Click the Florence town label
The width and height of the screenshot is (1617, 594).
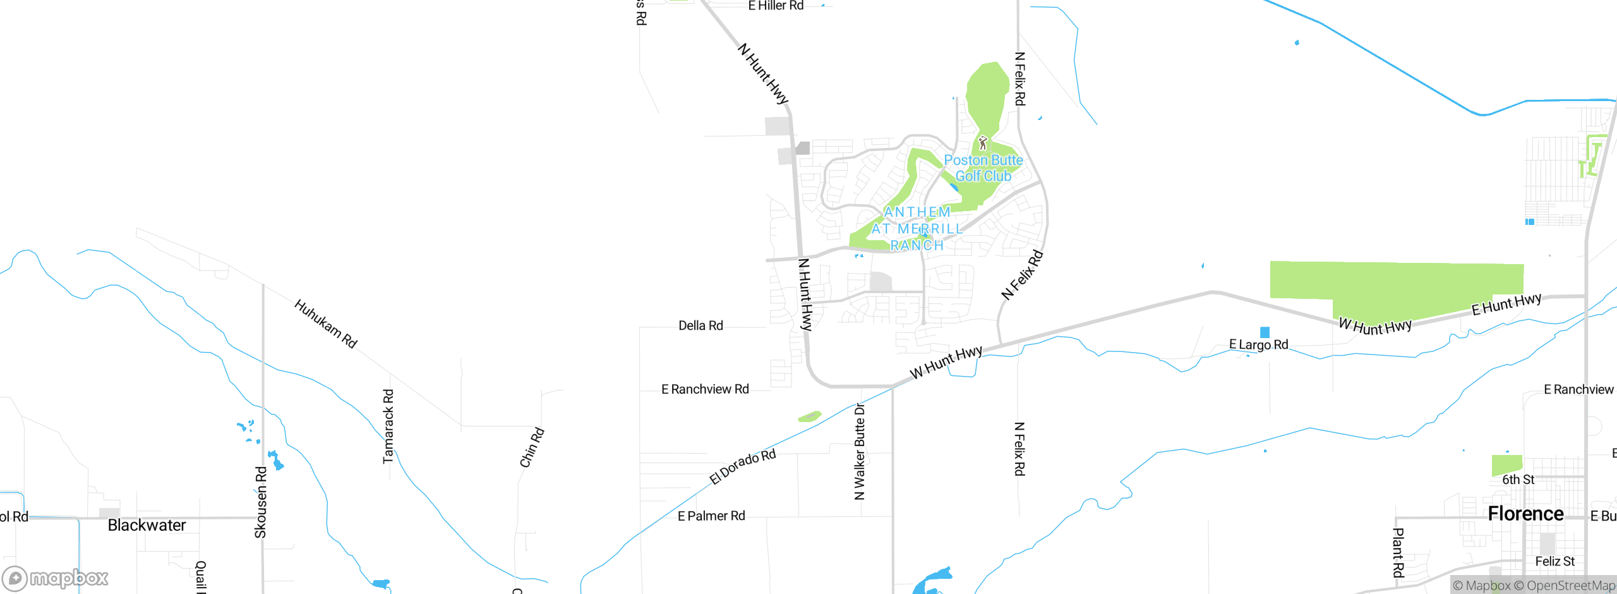click(x=1525, y=514)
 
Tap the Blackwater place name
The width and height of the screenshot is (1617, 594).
click(x=147, y=525)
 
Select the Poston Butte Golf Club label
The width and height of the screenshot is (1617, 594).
click(x=983, y=168)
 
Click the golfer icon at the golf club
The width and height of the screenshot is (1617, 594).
click(x=982, y=143)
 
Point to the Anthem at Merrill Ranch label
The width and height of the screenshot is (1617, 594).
click(x=917, y=229)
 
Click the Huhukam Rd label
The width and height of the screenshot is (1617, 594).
click(x=326, y=324)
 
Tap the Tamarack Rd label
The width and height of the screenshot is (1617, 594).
click(x=388, y=427)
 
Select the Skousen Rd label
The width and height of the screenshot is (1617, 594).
click(x=261, y=502)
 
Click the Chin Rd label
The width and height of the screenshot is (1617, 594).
click(x=532, y=447)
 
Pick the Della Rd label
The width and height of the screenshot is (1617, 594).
click(x=700, y=325)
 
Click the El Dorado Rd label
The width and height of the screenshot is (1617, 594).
click(x=742, y=467)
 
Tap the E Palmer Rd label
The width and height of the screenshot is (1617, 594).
click(x=711, y=516)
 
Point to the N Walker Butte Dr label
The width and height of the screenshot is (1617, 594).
click(x=860, y=452)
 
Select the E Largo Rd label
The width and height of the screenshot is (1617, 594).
click(x=1258, y=345)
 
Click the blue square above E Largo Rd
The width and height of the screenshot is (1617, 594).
click(x=1265, y=332)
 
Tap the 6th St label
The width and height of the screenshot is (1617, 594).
click(x=1518, y=480)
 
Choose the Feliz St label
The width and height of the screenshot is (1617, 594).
click(x=1554, y=561)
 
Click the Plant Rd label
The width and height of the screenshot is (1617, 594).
click(x=1398, y=553)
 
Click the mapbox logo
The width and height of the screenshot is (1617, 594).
click(x=56, y=578)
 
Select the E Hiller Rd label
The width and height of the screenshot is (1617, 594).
click(x=776, y=6)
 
